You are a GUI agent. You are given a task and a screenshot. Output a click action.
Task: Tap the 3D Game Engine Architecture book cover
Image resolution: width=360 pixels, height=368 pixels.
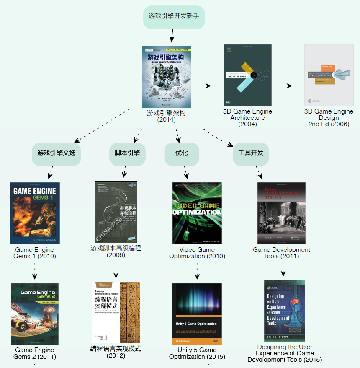[x=247, y=75]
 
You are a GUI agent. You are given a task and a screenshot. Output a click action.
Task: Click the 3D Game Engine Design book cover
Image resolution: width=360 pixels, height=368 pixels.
[x=329, y=75]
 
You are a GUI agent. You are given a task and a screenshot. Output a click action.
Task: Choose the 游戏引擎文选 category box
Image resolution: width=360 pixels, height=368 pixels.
[x=56, y=153]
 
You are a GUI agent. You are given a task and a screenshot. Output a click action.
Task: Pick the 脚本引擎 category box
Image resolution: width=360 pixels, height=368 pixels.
[x=127, y=153]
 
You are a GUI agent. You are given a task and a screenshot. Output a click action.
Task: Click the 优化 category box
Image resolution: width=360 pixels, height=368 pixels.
[x=182, y=153]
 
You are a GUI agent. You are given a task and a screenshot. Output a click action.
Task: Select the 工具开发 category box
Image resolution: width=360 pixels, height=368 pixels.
[x=250, y=153]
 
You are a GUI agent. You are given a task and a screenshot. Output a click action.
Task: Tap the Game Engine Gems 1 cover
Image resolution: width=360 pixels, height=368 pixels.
[x=35, y=213]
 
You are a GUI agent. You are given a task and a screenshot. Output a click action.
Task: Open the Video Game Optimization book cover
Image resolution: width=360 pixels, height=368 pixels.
[x=197, y=213]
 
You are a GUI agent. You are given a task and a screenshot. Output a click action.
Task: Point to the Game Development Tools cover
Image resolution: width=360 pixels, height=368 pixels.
[x=281, y=213]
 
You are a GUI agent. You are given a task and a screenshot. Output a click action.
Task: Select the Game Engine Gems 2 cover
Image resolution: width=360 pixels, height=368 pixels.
[x=35, y=314]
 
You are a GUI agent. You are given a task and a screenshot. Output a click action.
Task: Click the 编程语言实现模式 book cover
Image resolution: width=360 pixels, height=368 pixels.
[x=116, y=313]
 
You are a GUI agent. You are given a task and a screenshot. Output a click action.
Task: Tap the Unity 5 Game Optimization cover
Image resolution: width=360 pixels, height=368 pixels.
[x=197, y=314]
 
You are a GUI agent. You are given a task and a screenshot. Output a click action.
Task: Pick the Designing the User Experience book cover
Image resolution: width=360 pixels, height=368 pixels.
[x=285, y=311]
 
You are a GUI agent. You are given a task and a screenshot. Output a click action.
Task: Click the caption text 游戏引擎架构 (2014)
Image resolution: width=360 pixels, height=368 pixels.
[x=166, y=116]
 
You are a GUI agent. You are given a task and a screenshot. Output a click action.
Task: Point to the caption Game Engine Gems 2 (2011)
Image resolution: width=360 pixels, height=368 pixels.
[x=35, y=353]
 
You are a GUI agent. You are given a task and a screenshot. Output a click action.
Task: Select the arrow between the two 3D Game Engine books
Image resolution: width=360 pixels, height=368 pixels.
[x=288, y=86]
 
